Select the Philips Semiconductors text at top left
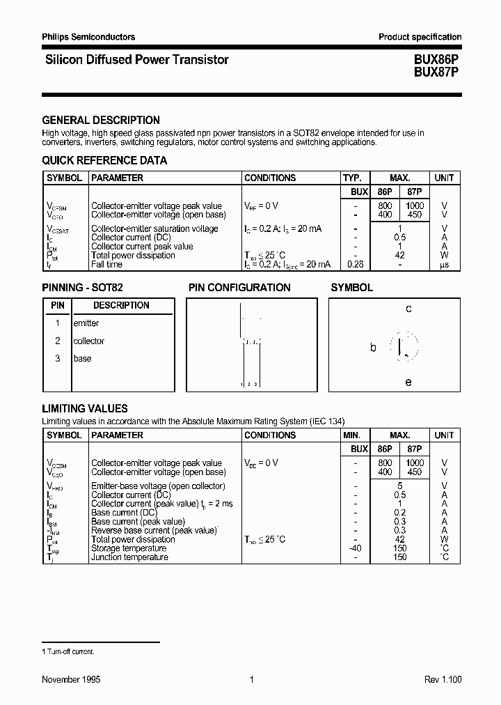point(88,37)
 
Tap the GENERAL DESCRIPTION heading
point(101,120)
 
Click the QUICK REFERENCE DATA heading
point(104,160)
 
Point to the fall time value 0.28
point(355,264)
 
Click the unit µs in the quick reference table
point(444,265)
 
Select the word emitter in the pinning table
point(86,323)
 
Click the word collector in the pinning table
point(89,341)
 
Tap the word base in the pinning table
point(82,358)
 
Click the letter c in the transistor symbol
point(408,309)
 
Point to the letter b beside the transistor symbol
point(373,347)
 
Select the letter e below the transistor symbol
point(408,382)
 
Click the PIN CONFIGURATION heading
point(239,287)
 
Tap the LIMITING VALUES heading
point(85,408)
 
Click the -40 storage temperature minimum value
point(355,548)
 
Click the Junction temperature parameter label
point(129,557)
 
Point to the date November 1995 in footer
point(71,679)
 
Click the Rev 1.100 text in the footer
point(443,679)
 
